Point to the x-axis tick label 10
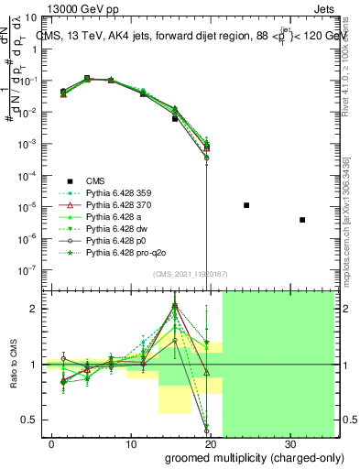pos(130,444)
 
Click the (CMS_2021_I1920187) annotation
pos(184,273)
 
